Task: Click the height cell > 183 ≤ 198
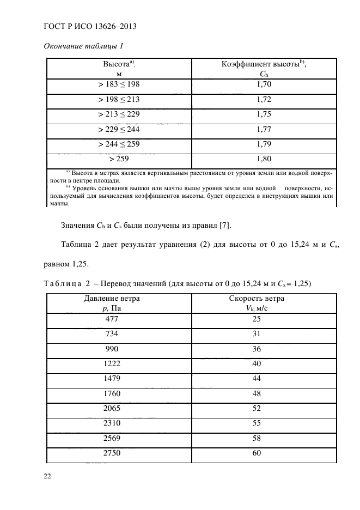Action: click(119, 84)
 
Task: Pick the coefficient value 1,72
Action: click(264, 100)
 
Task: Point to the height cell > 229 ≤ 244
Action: click(119, 130)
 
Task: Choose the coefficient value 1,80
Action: click(264, 159)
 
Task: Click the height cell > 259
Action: click(119, 159)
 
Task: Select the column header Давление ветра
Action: click(111, 299)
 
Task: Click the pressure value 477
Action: click(111, 319)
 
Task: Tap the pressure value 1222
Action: click(111, 363)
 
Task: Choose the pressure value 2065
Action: click(111, 408)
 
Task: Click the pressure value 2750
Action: click(111, 453)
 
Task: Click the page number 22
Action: click(47, 476)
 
